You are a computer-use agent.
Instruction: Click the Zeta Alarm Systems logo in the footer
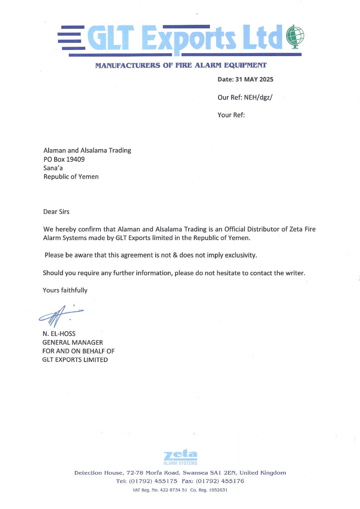(181, 457)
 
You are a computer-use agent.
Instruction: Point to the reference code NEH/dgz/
(258, 97)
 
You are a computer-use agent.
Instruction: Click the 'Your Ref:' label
(231, 115)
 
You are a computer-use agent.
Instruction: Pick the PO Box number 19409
(76, 159)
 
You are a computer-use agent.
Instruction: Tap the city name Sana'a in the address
(53, 168)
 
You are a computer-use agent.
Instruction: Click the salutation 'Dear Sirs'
(56, 212)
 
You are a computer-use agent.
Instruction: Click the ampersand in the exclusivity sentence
(175, 255)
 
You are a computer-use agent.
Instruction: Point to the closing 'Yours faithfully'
(65, 290)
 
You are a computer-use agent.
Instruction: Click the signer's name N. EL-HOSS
(59, 334)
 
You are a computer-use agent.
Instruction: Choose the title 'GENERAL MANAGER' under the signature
(73, 342)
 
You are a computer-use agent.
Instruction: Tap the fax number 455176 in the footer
(232, 481)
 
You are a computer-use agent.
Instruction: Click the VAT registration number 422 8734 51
(173, 490)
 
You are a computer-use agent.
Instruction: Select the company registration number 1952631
(218, 490)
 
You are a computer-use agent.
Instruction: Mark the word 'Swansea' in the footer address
(195, 473)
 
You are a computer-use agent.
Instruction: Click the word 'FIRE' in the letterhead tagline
(184, 65)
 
